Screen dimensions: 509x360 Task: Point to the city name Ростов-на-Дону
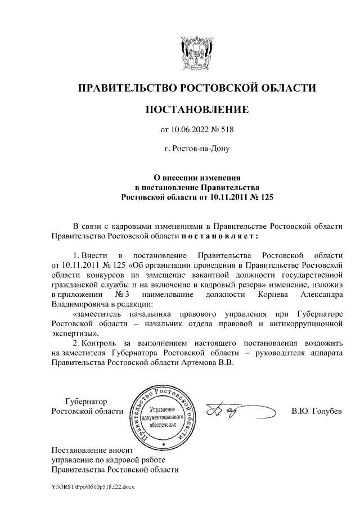pyautogui.click(x=197, y=150)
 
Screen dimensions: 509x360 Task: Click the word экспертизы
pyautogui.click(x=71, y=334)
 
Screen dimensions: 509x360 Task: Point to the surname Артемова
pyautogui.click(x=207, y=363)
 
